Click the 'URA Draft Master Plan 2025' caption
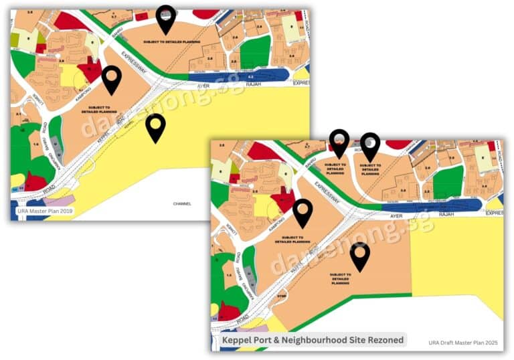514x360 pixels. coord(463,343)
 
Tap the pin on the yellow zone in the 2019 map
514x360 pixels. coord(156,126)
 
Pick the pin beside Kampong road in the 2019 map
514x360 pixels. coord(112,78)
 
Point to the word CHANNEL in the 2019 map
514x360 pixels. coord(182,203)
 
